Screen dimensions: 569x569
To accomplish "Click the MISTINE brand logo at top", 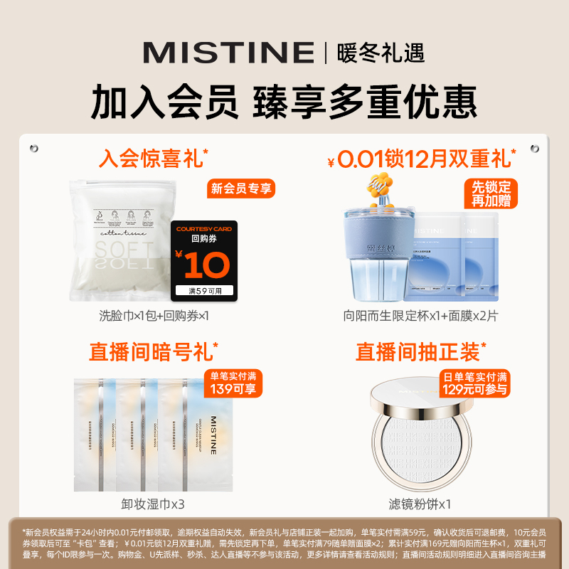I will [228, 52].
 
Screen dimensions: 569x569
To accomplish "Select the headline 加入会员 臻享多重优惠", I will [284, 102].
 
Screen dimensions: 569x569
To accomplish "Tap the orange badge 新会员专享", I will [242, 188].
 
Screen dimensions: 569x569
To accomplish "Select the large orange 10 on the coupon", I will [206, 266].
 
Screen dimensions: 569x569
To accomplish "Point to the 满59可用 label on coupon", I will [206, 290].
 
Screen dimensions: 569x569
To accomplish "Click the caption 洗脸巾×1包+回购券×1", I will [154, 315].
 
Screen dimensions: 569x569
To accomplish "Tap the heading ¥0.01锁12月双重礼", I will [421, 159].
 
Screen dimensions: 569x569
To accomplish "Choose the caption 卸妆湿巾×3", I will [154, 504].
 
